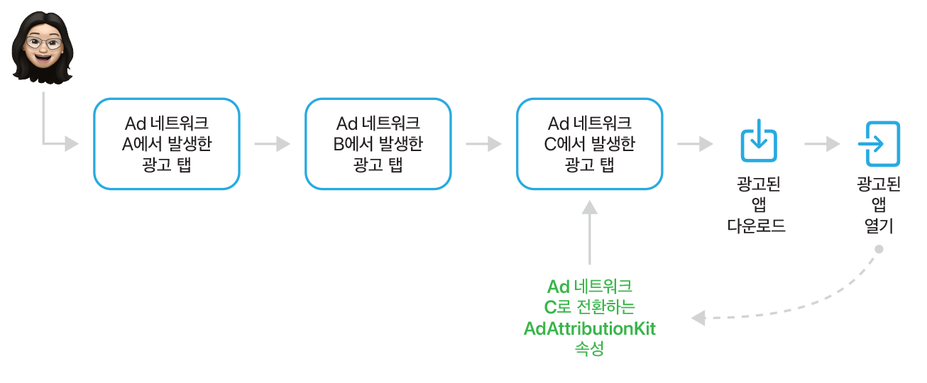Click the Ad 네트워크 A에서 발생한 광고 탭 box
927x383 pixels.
[x=167, y=144]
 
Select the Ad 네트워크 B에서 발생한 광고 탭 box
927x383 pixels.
[x=378, y=144]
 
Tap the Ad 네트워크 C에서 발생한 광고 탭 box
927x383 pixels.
[x=589, y=144]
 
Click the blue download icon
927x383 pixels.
[x=758, y=140]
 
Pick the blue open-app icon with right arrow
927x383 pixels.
[x=878, y=143]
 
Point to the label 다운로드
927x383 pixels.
[x=757, y=227]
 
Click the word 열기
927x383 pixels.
[x=879, y=227]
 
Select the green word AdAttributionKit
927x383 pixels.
[x=589, y=328]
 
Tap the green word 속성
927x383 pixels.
[x=589, y=349]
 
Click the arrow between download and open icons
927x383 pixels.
[x=822, y=144]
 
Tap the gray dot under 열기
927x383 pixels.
[x=879, y=249]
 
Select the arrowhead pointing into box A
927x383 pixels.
[x=71, y=144]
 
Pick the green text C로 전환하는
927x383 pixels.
[x=589, y=307]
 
